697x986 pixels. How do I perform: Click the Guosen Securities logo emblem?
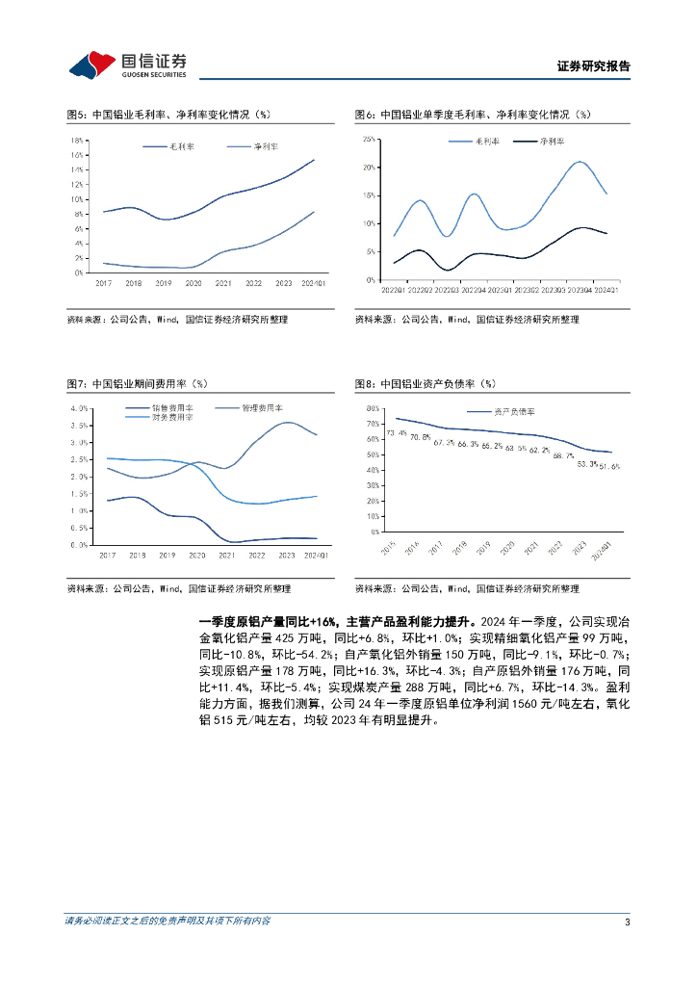click(93, 65)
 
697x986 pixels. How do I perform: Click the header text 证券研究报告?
click(594, 66)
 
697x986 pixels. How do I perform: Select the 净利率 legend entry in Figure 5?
click(266, 146)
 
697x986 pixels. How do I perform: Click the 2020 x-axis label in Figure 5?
click(193, 283)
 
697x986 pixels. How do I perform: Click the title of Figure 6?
click(472, 115)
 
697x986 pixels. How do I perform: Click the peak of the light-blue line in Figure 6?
click(580, 162)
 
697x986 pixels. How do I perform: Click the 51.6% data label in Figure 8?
click(608, 466)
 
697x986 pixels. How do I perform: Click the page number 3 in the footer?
click(627, 922)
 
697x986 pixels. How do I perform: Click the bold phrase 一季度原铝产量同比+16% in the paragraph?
click(266, 622)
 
